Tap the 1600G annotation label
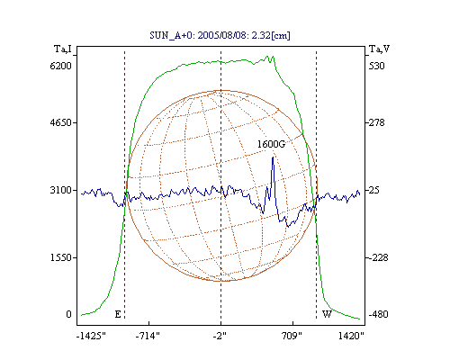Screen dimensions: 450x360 (271, 144)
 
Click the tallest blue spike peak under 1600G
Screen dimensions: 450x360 (273, 157)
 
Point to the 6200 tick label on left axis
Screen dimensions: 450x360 (61, 66)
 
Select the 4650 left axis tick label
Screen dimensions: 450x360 (61, 122)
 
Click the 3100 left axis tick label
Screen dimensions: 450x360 (61, 190)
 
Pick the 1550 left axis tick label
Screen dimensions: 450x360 (61, 257)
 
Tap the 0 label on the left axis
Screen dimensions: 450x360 (69, 314)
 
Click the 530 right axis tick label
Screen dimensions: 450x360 (377, 66)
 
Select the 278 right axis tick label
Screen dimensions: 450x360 (377, 122)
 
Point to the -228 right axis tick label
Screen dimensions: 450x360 (378, 257)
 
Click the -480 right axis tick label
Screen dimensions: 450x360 (378, 314)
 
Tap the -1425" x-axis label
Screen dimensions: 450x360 (91, 336)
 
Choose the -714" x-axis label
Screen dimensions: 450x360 (148, 336)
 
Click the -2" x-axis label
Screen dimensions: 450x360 (220, 336)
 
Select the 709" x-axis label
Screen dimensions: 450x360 (292, 336)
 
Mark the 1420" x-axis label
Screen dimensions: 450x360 (351, 336)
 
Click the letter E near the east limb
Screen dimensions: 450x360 (118, 314)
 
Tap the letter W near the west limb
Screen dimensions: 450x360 (327, 314)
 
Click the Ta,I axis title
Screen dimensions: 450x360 (63, 49)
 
